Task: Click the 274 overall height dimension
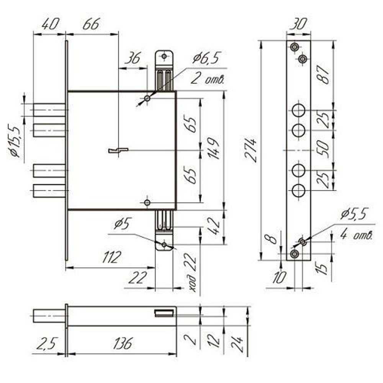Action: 251,150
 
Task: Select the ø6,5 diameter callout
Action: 207,58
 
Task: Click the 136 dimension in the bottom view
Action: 123,343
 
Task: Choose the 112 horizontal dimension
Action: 111,257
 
